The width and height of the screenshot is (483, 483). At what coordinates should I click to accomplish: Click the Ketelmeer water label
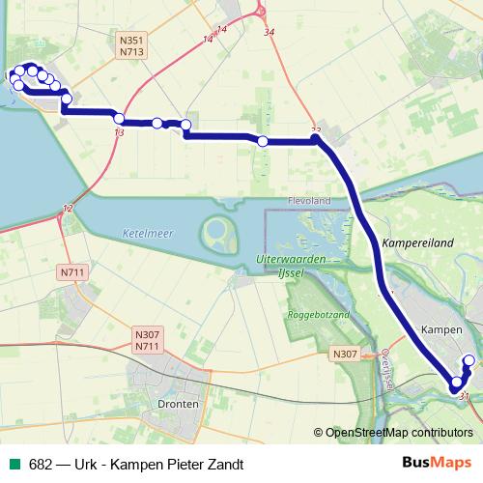pyautogui.click(x=143, y=231)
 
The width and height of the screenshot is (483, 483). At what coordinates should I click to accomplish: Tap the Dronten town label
pyautogui.click(x=182, y=404)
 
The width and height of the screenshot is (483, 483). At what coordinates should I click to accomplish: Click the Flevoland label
pyautogui.click(x=309, y=200)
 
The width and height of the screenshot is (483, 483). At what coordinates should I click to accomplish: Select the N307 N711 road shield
pyautogui.click(x=146, y=340)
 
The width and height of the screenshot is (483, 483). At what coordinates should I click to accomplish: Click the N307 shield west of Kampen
pyautogui.click(x=345, y=354)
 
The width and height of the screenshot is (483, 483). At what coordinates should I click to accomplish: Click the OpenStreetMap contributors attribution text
pyautogui.click(x=398, y=433)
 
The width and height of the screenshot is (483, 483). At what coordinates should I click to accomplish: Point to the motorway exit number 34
pyautogui.click(x=269, y=32)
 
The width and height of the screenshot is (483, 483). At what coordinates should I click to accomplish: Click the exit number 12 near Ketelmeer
pyautogui.click(x=67, y=209)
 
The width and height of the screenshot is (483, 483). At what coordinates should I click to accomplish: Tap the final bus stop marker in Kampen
pyautogui.click(x=469, y=361)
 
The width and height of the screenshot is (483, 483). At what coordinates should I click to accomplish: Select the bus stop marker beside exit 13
pyautogui.click(x=119, y=119)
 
